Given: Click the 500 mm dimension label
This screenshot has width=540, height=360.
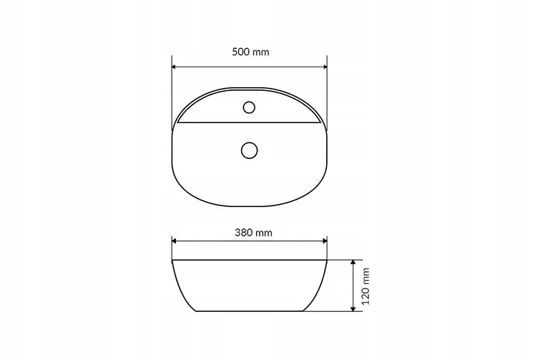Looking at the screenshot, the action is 250,52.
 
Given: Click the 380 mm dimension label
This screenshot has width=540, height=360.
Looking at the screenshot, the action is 254,233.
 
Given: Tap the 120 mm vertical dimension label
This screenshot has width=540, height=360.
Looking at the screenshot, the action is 365,286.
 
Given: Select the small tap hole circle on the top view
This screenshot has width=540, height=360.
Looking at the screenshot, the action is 249,107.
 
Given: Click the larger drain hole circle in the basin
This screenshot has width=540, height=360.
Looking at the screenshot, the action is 249,150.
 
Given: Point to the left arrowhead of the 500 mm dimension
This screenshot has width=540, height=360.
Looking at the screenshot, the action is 175,67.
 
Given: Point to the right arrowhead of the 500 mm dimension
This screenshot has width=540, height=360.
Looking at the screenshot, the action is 324,67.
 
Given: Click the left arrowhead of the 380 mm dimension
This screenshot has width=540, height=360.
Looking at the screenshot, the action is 175,241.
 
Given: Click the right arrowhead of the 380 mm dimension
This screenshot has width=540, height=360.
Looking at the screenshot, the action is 324,241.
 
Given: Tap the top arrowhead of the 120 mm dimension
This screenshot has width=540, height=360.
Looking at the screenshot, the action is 353,262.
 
